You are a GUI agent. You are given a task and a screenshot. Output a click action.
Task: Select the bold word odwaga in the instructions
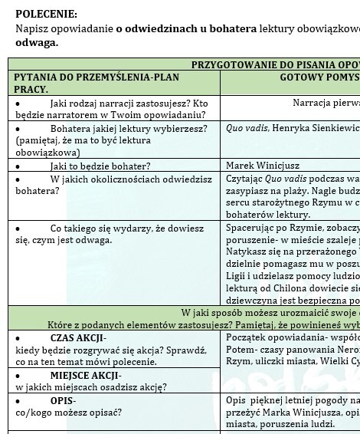click(36, 42)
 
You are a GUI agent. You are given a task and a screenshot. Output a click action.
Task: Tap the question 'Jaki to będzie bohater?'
click(100, 166)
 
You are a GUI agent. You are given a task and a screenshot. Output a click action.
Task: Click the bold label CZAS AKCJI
click(78, 338)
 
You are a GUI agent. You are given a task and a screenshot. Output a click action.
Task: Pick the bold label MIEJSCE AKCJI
click(85, 375)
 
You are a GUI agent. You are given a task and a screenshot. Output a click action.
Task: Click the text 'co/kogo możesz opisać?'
click(68, 413)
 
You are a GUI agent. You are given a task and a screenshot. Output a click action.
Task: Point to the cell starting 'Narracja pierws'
click(326, 103)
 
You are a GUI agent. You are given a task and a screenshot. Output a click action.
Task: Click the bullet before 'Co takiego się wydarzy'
click(18, 229)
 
